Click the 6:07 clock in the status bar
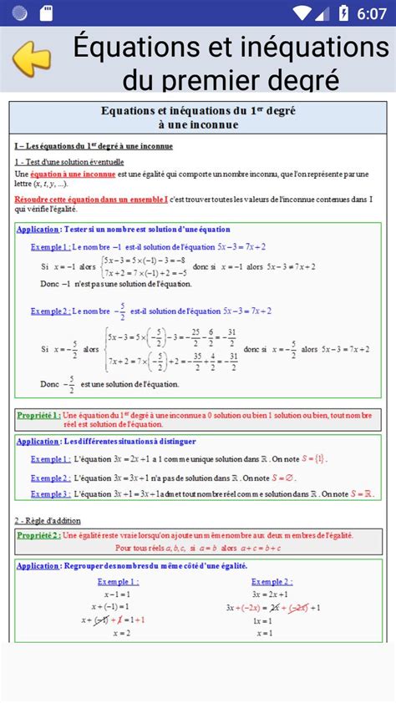point(370,13)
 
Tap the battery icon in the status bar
point(344,13)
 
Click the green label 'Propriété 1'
point(38,415)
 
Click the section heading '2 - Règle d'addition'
point(48,520)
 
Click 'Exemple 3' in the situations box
point(50,494)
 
